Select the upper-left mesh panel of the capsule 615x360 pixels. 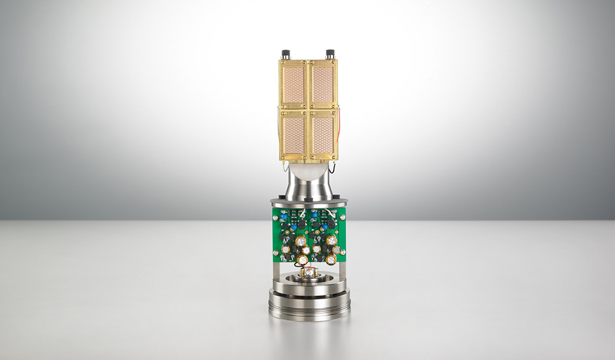click(293, 84)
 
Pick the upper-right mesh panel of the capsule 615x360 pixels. click(323, 84)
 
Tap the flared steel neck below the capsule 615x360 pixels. click(308, 186)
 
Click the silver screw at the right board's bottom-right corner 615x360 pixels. click(343, 255)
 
